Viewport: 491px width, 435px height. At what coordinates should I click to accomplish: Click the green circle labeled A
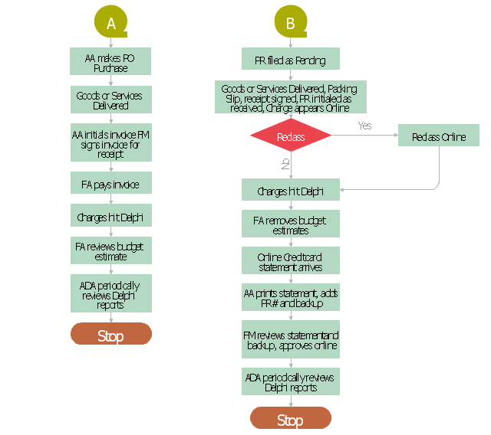pyautogui.click(x=111, y=23)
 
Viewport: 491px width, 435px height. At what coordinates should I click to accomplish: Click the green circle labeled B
pyautogui.click(x=290, y=23)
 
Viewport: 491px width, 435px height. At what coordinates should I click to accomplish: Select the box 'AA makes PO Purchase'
pyautogui.click(x=111, y=62)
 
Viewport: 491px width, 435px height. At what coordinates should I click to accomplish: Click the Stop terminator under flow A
pyautogui.click(x=111, y=335)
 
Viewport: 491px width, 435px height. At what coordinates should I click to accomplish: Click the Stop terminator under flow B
pyautogui.click(x=290, y=418)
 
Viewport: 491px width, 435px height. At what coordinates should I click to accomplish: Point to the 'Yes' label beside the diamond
pyautogui.click(x=364, y=126)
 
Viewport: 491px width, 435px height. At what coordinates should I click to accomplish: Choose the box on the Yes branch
pyautogui.click(x=438, y=137)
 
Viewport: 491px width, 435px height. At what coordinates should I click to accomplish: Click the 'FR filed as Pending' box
pyautogui.click(x=290, y=59)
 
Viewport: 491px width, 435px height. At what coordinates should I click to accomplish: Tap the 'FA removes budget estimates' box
pyautogui.click(x=290, y=224)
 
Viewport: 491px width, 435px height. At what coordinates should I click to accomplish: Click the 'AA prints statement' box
pyautogui.click(x=290, y=298)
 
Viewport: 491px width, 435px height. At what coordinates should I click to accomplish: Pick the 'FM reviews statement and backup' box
pyautogui.click(x=290, y=340)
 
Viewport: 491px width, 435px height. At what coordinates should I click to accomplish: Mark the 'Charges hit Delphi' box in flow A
pyautogui.click(x=111, y=217)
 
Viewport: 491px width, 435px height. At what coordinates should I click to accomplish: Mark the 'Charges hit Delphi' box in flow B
pyautogui.click(x=290, y=191)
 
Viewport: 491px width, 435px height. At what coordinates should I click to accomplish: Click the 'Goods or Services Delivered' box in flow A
pyautogui.click(x=111, y=100)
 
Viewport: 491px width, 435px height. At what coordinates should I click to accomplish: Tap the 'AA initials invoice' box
pyautogui.click(x=111, y=144)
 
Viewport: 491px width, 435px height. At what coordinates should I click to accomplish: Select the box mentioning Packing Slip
pyautogui.click(x=290, y=98)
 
